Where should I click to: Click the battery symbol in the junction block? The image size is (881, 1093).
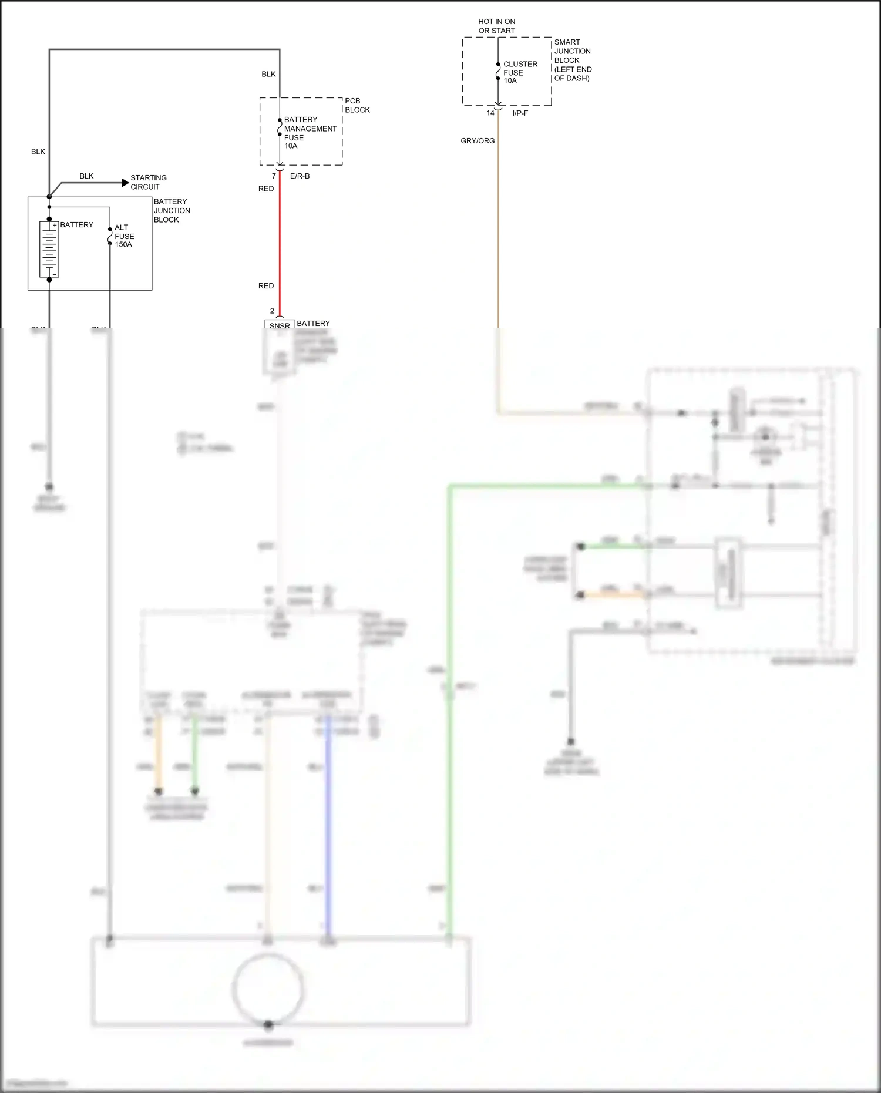(x=49, y=250)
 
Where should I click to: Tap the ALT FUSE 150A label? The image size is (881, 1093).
(x=124, y=236)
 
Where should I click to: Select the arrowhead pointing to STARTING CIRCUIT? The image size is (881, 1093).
(x=125, y=183)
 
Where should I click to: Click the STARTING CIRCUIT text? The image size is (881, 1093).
(x=148, y=182)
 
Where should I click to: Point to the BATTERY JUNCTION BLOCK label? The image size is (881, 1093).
(x=172, y=210)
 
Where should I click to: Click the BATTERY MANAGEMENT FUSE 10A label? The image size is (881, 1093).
(x=310, y=133)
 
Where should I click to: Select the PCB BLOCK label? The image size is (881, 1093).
(x=357, y=105)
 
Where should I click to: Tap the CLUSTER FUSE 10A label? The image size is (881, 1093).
(x=520, y=72)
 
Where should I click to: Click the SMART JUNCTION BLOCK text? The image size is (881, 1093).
(x=573, y=60)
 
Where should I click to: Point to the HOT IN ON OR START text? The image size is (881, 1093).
(x=496, y=26)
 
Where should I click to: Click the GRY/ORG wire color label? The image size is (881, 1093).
(x=478, y=141)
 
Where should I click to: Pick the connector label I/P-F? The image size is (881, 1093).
(x=520, y=113)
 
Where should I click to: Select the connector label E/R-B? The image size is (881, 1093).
(x=300, y=176)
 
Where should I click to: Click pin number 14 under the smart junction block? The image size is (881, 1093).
(x=490, y=113)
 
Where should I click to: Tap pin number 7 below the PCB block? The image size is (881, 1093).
(x=274, y=176)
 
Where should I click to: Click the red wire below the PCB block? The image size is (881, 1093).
(x=280, y=241)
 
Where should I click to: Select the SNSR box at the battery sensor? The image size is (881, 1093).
(x=280, y=325)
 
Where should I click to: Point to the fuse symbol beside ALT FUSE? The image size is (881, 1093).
(x=110, y=236)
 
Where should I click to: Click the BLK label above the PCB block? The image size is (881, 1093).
(x=268, y=74)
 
